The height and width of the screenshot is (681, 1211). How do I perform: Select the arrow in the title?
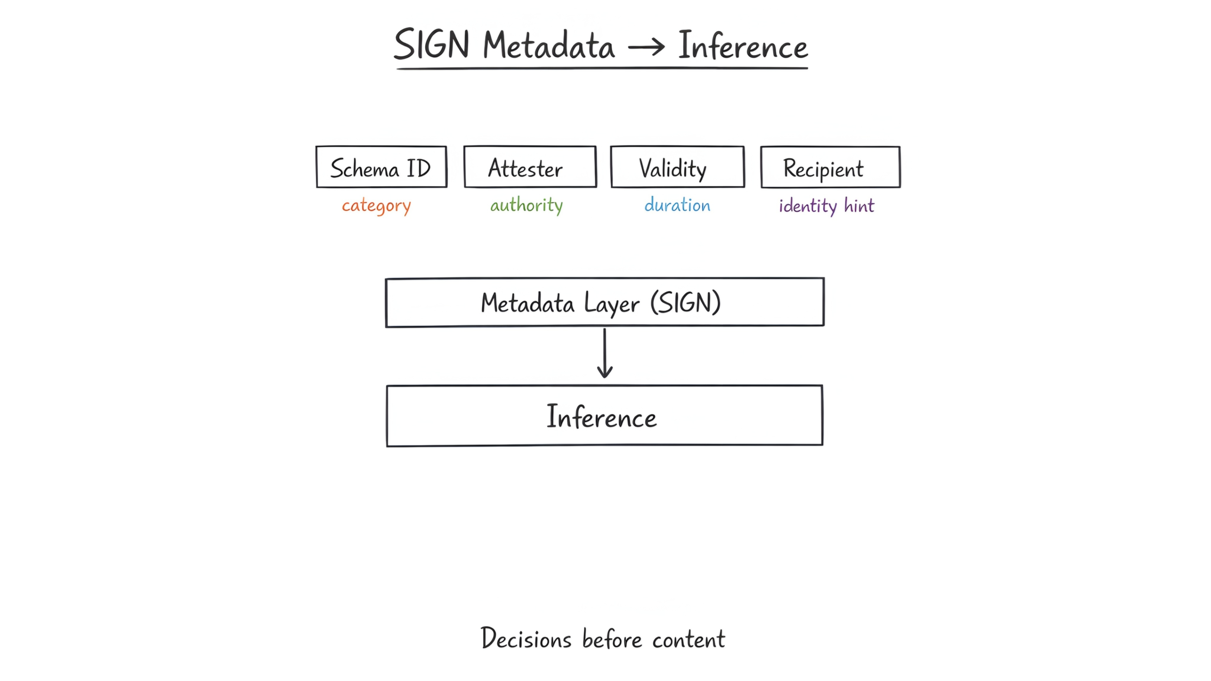click(x=646, y=46)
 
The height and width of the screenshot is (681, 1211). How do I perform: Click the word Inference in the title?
click(x=743, y=46)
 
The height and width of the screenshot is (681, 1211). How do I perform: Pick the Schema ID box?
click(x=381, y=167)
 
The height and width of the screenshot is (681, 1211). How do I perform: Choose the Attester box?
click(x=530, y=167)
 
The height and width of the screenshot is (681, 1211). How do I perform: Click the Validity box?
click(x=678, y=167)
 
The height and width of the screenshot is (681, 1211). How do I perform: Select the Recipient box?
click(x=830, y=167)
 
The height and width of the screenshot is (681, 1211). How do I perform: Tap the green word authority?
click(x=526, y=206)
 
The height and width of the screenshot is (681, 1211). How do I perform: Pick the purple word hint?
click(x=859, y=206)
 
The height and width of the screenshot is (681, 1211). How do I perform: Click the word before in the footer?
click(x=612, y=639)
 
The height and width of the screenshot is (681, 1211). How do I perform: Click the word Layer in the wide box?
click(x=611, y=304)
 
